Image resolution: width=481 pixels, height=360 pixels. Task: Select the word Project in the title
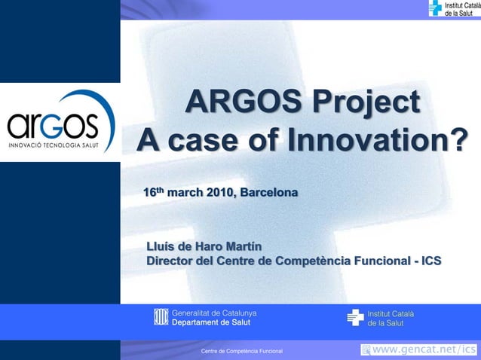[363, 102]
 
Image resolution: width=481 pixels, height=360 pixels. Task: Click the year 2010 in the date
[219, 194]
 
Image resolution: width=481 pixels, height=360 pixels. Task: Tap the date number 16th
[154, 193]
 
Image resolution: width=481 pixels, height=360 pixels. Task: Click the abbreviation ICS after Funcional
[431, 261]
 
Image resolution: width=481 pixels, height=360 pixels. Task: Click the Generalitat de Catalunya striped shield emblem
[160, 317]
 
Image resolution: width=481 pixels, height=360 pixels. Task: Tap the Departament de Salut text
[211, 322]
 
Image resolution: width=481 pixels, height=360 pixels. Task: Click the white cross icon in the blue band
[355, 317]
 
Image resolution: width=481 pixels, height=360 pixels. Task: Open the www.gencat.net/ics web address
[425, 349]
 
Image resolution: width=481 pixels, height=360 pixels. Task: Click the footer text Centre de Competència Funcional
[241, 352]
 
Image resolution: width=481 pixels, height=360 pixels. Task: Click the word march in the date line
[185, 194]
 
